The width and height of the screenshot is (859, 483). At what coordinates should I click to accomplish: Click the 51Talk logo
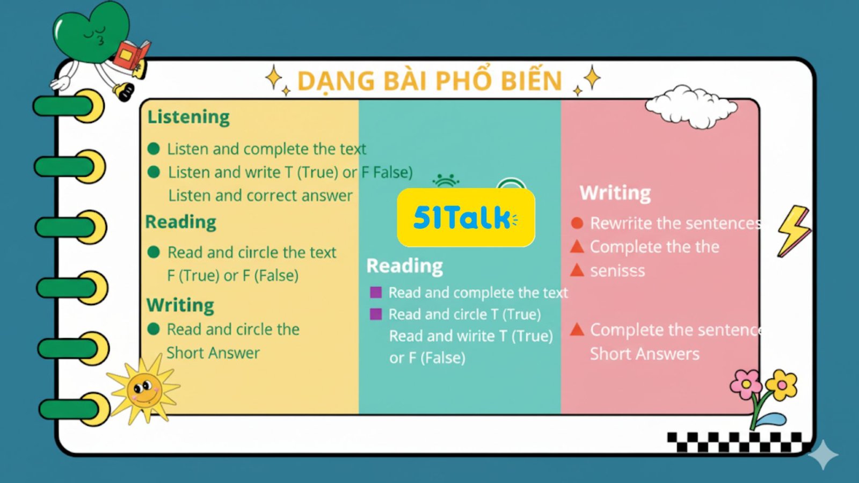pos(466,217)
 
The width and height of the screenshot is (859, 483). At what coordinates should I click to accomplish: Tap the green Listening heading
pos(188,117)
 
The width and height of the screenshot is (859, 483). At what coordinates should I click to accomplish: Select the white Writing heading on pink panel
pos(615,193)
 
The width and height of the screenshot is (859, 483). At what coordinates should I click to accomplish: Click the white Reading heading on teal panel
pos(405,266)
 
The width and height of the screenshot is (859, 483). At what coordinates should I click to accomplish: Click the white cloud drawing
pos(691,106)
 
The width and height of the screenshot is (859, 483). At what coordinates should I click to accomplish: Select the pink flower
pos(746,384)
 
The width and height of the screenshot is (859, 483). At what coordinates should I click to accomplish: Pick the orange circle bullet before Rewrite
pos(577,223)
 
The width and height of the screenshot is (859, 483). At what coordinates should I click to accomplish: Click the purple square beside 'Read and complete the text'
pos(376,292)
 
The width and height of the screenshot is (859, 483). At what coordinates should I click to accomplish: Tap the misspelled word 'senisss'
pos(617,271)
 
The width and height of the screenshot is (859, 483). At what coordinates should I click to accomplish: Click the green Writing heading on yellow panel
pos(180,305)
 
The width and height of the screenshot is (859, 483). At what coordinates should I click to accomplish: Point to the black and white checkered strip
pos(734,442)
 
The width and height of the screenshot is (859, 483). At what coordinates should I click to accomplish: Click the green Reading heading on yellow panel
pos(180,222)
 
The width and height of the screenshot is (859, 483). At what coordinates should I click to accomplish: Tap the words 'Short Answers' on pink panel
pos(645,354)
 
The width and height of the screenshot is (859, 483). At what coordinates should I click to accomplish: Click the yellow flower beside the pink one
pos(781,385)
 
